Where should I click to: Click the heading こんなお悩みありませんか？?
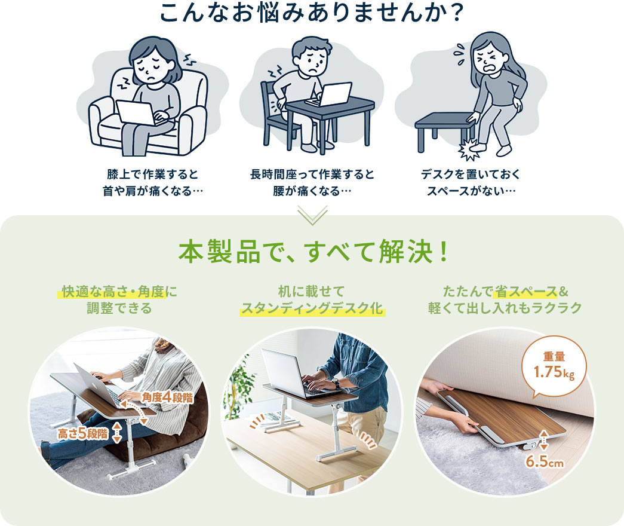click(312, 13)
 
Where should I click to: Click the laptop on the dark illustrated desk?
click(330, 94)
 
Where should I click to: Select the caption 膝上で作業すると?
click(152, 174)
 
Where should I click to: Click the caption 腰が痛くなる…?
click(312, 191)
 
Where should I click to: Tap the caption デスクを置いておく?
click(471, 174)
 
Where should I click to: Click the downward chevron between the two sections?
click(312, 215)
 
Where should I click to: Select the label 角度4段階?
click(168, 397)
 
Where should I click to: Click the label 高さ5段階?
click(83, 433)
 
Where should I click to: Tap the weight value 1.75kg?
click(554, 372)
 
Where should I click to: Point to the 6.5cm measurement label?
click(545, 461)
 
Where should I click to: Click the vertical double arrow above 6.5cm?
click(544, 439)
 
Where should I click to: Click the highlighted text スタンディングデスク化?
click(312, 308)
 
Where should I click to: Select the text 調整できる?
click(119, 308)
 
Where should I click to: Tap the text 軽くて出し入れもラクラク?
click(505, 308)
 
